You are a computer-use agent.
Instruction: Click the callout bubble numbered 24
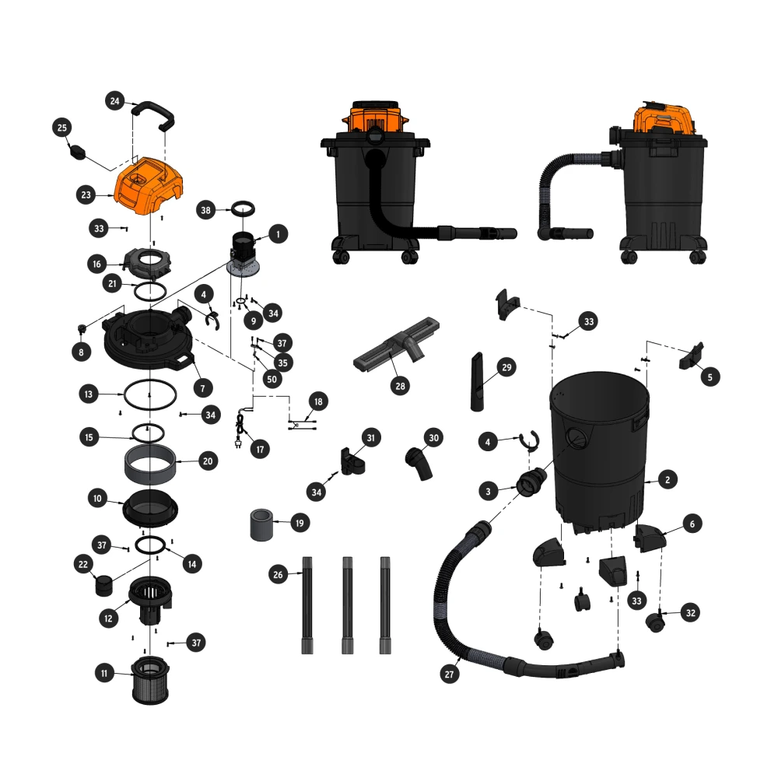[x=114, y=101]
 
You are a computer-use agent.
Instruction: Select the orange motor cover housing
[x=149, y=186]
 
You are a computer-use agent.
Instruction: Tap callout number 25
[x=62, y=128]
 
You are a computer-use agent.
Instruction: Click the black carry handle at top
[x=153, y=116]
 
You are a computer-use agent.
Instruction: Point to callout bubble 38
[x=206, y=210]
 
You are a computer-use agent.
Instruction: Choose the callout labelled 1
[x=278, y=234]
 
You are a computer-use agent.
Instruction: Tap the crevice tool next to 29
[x=477, y=381]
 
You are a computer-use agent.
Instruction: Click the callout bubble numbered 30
[x=433, y=437]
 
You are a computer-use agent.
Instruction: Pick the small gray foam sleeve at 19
[x=261, y=524]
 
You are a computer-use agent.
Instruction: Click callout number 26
[x=278, y=575]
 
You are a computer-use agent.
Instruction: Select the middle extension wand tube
[x=347, y=605]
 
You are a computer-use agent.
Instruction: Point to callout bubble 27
[x=449, y=674]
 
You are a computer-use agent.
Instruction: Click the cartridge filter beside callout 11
[x=150, y=680]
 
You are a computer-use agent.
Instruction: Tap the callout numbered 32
[x=690, y=613]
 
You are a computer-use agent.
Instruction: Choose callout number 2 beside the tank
[x=668, y=480]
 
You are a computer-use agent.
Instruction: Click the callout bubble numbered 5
[x=710, y=377]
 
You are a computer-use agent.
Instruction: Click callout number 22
[x=83, y=564]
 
